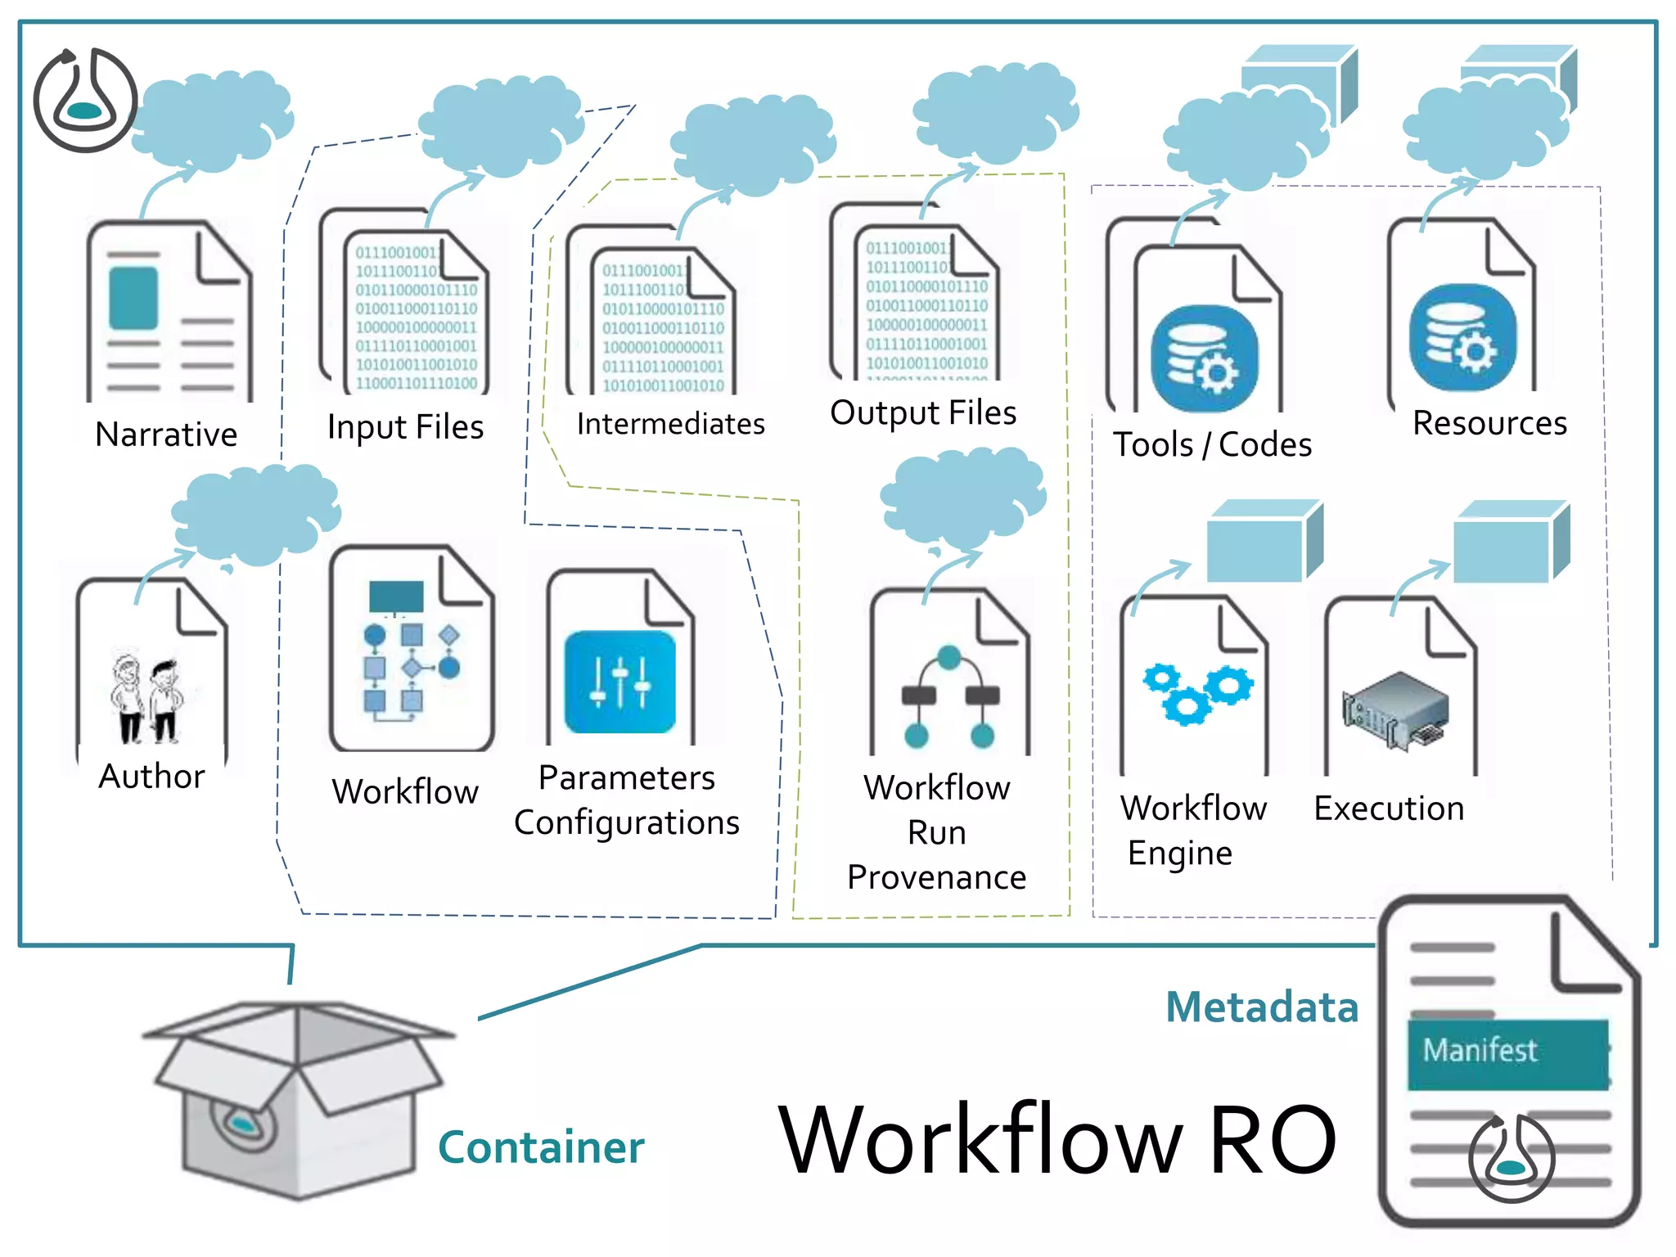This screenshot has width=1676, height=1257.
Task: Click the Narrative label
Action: click(166, 435)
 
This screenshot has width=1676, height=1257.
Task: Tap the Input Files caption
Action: click(405, 427)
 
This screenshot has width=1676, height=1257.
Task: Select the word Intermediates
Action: click(670, 424)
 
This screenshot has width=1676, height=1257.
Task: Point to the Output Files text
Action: click(923, 412)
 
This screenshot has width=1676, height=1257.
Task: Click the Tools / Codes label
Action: click(1212, 444)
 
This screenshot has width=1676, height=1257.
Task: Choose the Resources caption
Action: click(1489, 423)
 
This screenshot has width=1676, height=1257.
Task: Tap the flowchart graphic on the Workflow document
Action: click(411, 651)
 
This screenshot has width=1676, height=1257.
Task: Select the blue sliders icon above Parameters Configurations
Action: click(620, 682)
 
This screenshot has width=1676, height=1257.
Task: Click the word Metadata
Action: click(1262, 1007)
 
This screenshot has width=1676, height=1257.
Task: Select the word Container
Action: click(541, 1147)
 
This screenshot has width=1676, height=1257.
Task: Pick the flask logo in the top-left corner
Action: click(85, 101)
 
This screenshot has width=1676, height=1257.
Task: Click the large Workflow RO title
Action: click(1057, 1139)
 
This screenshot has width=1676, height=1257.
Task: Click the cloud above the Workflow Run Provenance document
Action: click(962, 498)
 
